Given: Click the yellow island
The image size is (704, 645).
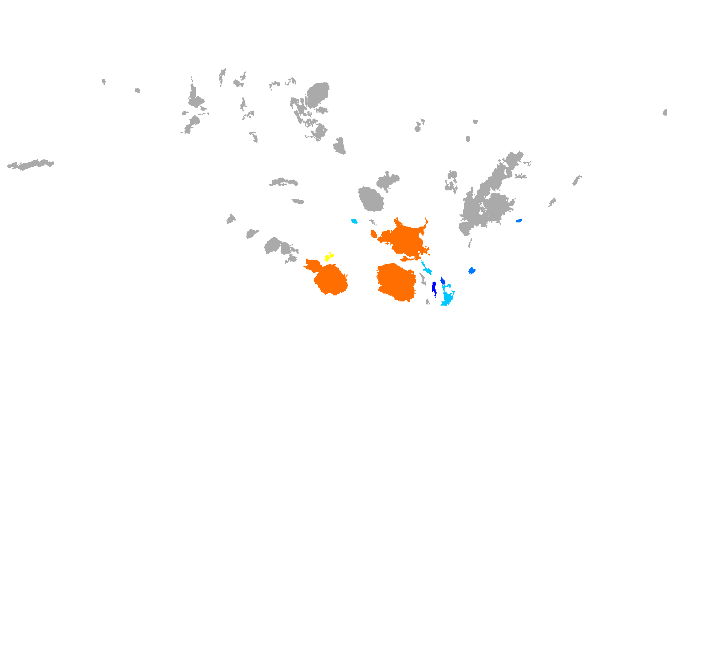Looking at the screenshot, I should tap(329, 257).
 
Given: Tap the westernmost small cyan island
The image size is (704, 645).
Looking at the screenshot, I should tap(354, 221).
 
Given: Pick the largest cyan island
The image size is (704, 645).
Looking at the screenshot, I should tap(447, 297).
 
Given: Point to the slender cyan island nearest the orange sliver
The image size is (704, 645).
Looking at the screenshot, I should tap(427, 269).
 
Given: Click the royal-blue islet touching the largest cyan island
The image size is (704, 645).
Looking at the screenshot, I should tap(443, 281).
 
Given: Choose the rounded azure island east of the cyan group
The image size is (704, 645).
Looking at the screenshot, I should tap(472, 271).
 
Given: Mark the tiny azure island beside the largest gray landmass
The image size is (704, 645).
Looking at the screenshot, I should tap(518, 221).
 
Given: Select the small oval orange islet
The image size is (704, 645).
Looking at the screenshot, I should tap(373, 234).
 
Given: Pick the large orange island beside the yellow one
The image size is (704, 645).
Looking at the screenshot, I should tap(329, 278).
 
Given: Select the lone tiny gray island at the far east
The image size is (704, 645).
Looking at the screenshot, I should tap(665, 112).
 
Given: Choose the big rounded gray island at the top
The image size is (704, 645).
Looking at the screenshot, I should tap(318, 94).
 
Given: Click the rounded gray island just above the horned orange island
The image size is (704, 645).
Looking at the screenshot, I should tap(371, 199).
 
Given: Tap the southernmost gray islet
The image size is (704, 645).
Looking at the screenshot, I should tap(427, 302).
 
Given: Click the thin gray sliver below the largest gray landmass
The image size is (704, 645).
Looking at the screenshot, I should tap(470, 243).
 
